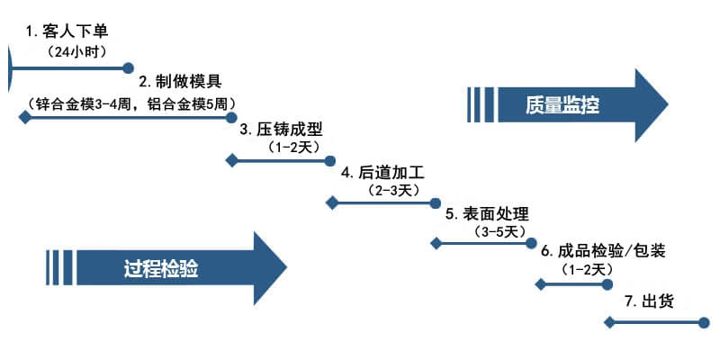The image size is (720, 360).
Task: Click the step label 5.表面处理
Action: (487, 214)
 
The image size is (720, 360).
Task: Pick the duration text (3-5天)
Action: (499, 232)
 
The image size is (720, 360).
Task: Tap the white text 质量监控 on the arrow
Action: (562, 105)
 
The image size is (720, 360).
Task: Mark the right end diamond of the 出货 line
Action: (703, 321)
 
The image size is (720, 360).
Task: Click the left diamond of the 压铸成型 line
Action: (231, 161)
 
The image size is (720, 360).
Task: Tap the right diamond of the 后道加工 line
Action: (435, 203)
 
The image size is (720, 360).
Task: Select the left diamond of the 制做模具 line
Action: (24, 118)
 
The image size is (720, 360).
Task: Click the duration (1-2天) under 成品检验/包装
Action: (587, 269)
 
